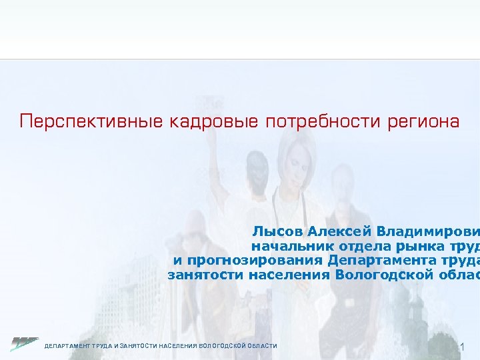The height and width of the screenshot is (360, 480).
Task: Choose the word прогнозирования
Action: coord(257,260)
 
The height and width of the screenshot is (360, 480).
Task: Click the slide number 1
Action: coord(464,347)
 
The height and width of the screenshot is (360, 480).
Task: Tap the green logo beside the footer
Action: coord(25,344)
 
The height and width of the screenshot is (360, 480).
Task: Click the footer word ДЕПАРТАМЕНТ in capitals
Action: coord(66,346)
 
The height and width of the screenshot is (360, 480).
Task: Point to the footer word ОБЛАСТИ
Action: coord(263,346)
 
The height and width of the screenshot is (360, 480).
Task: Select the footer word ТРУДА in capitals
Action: coord(101,346)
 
